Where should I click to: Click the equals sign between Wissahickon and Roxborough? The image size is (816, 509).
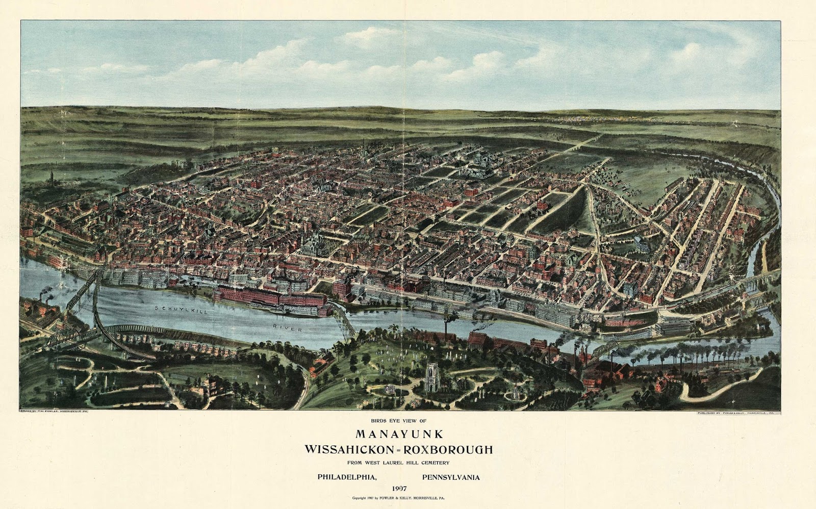[397, 450]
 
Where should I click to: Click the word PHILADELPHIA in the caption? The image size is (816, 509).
[347, 478]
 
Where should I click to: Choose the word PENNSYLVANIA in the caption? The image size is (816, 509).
[451, 478]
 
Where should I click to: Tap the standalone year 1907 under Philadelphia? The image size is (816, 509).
[399, 489]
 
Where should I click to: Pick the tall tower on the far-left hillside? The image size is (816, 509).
[51, 176]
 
